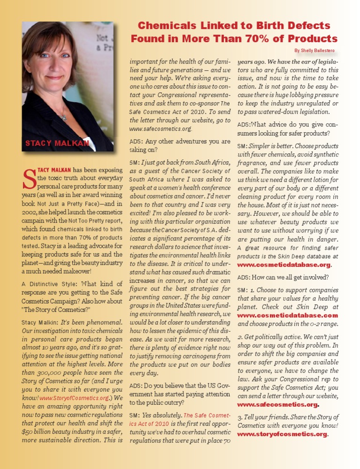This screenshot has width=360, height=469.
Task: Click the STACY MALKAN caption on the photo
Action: click(x=57, y=143)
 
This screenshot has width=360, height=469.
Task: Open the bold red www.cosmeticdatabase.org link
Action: click(x=284, y=265)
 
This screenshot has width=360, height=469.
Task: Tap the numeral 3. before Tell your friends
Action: click(x=240, y=417)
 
